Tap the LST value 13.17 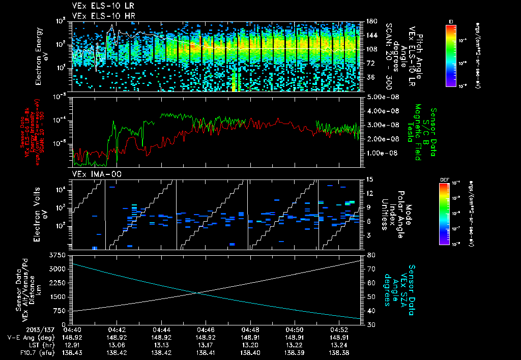tap(205, 344)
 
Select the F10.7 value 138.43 tap(73, 351)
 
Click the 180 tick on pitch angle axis tap(371, 21)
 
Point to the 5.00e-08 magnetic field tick tap(381, 97)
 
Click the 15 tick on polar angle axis tap(369, 179)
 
